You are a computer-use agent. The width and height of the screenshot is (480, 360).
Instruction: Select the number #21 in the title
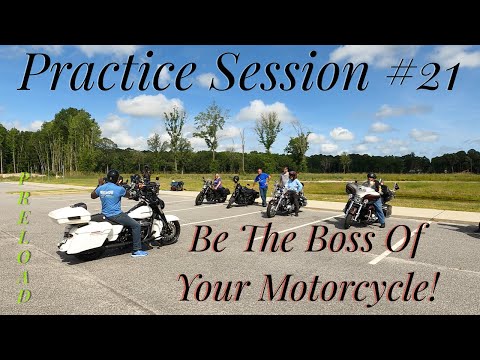[x=422, y=74]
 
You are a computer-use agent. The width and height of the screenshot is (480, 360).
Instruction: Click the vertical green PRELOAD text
[x=24, y=238]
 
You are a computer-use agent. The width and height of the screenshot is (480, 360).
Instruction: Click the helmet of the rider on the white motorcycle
[x=113, y=177]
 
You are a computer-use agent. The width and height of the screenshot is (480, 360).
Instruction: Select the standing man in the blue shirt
[x=262, y=186]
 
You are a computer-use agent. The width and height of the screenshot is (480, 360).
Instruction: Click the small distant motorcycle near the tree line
[x=177, y=185]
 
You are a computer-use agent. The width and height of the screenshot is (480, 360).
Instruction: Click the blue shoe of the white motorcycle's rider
[x=139, y=252]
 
